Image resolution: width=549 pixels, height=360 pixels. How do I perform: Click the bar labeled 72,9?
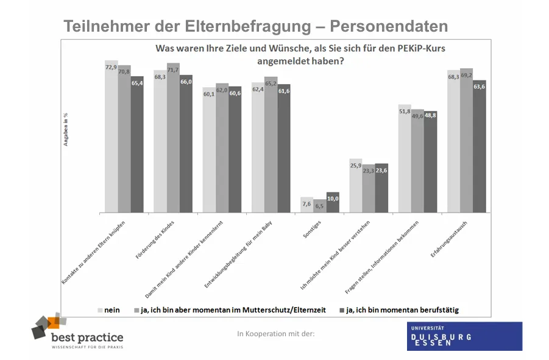(111, 137)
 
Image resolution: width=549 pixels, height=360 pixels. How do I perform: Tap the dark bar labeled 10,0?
(333, 203)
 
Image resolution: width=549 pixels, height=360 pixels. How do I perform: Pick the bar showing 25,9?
(356, 186)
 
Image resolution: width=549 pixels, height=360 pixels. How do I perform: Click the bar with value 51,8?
(405, 159)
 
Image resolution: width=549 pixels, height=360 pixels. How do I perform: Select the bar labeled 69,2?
(467, 141)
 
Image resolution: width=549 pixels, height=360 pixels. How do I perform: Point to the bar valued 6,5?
(320, 206)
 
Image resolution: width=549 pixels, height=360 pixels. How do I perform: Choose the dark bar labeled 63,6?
(480, 147)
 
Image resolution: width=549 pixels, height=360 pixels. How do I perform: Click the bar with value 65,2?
(271, 145)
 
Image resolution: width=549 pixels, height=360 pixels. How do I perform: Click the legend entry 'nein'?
(108, 310)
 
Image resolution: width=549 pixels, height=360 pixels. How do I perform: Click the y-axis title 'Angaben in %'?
(66, 129)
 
